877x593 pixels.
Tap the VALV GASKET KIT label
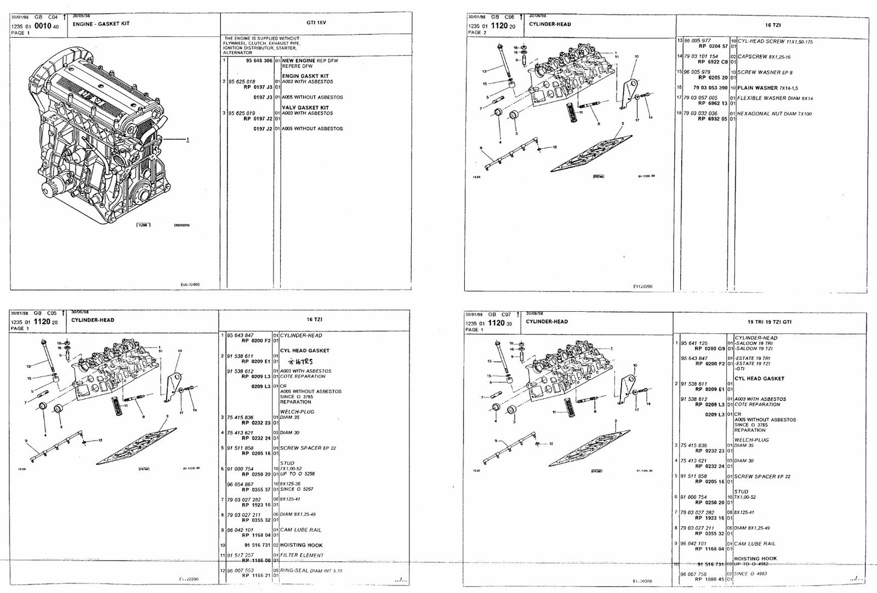point(305,107)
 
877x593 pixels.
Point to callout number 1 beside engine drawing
point(188,140)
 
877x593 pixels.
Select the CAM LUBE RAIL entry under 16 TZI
point(300,530)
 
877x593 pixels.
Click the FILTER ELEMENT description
point(301,555)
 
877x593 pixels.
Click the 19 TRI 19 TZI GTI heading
point(770,322)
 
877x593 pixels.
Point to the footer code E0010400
point(190,284)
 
